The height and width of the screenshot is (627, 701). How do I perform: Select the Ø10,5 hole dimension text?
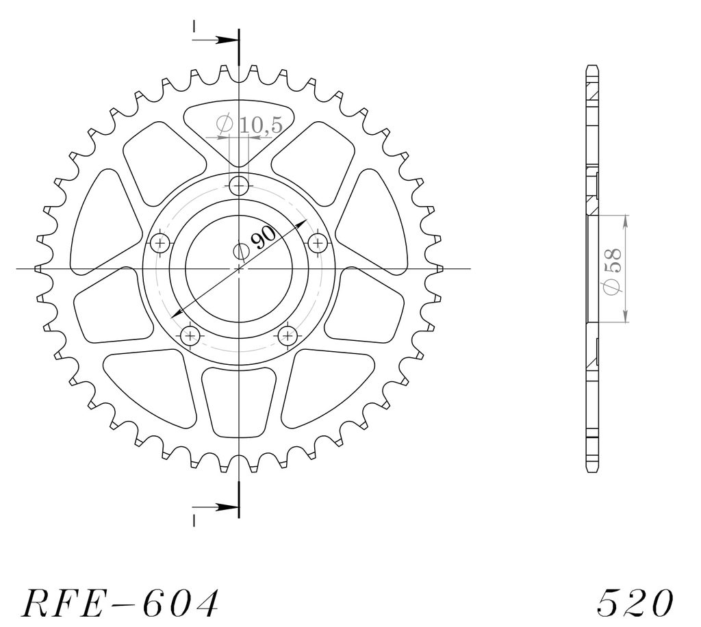coord(249,125)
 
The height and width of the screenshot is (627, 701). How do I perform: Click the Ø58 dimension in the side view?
coord(612,271)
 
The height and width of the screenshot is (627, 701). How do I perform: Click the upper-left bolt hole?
coord(160,244)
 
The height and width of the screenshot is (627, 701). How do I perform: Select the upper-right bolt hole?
coord(318,243)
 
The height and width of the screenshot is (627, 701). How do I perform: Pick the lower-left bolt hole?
coord(191,335)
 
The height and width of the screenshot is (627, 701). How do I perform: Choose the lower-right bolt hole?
coord(288,335)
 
